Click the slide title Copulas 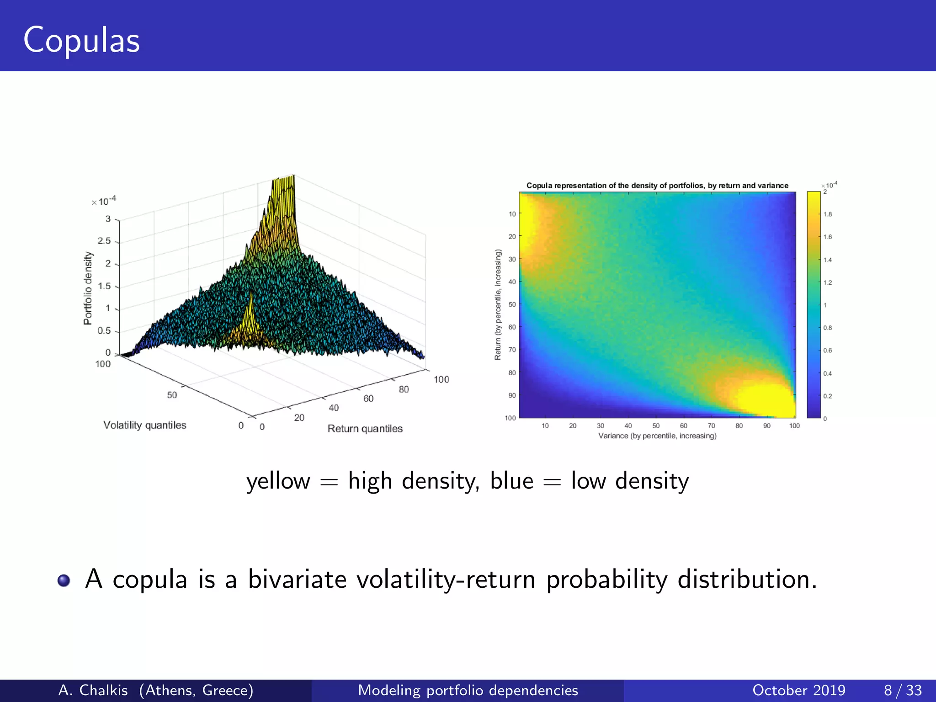pyautogui.click(x=81, y=40)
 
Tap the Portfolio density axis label pyautogui.click(x=88, y=288)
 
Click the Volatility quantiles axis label pyautogui.click(x=145, y=425)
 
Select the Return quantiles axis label pyautogui.click(x=365, y=429)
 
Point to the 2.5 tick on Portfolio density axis pyautogui.click(x=104, y=241)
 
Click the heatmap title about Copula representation pyautogui.click(x=657, y=186)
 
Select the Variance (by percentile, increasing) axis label pyautogui.click(x=657, y=436)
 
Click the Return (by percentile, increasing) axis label pyautogui.click(x=498, y=304)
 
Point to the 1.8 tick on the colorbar pyautogui.click(x=828, y=214)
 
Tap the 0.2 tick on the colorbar pyautogui.click(x=828, y=396)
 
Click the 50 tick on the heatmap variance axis pyautogui.click(x=656, y=426)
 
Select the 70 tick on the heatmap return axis pyautogui.click(x=512, y=350)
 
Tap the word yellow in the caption pyautogui.click(x=278, y=481)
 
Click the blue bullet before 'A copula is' pyautogui.click(x=64, y=580)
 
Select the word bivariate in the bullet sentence pyautogui.click(x=297, y=580)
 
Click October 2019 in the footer pyautogui.click(x=798, y=690)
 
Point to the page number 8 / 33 pyautogui.click(x=903, y=690)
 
